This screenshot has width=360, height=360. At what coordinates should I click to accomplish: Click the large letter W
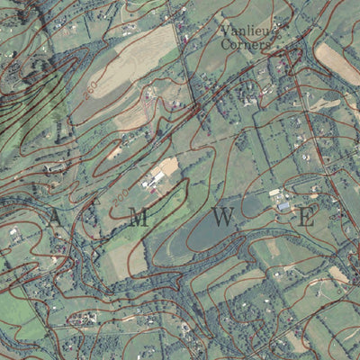[224, 217]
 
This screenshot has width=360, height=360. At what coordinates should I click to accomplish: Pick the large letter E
[306, 217]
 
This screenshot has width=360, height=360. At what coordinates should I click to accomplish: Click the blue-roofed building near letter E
[284, 205]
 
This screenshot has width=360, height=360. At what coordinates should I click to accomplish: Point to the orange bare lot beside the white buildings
[169, 166]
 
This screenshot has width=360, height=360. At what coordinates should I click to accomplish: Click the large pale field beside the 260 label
[126, 67]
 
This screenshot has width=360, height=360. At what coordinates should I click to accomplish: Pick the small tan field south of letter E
[338, 274]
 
